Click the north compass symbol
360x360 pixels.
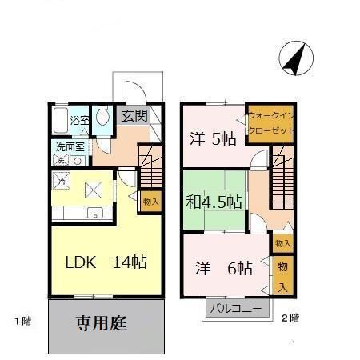tap(296, 58)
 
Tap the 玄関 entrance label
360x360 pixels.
tap(134, 116)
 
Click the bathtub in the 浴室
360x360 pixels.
tap(61, 120)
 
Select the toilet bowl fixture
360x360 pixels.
tap(102, 116)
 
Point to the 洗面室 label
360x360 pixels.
tap(70, 146)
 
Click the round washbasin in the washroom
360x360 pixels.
tap(78, 161)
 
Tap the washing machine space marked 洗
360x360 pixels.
tap(61, 160)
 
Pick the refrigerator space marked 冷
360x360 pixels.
tap(62, 181)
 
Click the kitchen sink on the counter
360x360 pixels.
tap(95, 213)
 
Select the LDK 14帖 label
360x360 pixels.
tap(106, 262)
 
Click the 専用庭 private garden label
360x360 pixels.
tap(101, 323)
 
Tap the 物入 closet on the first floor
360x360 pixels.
tap(151, 202)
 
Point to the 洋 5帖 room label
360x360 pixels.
tap(213, 138)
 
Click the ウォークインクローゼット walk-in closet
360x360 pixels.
tap(270, 124)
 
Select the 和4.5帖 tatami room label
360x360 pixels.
tap(214, 202)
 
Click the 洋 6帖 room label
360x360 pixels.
tap(224, 268)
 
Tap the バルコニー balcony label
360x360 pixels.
tap(235, 309)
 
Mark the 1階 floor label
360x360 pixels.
tap(23, 321)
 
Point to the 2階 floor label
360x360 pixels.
tap(290, 318)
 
